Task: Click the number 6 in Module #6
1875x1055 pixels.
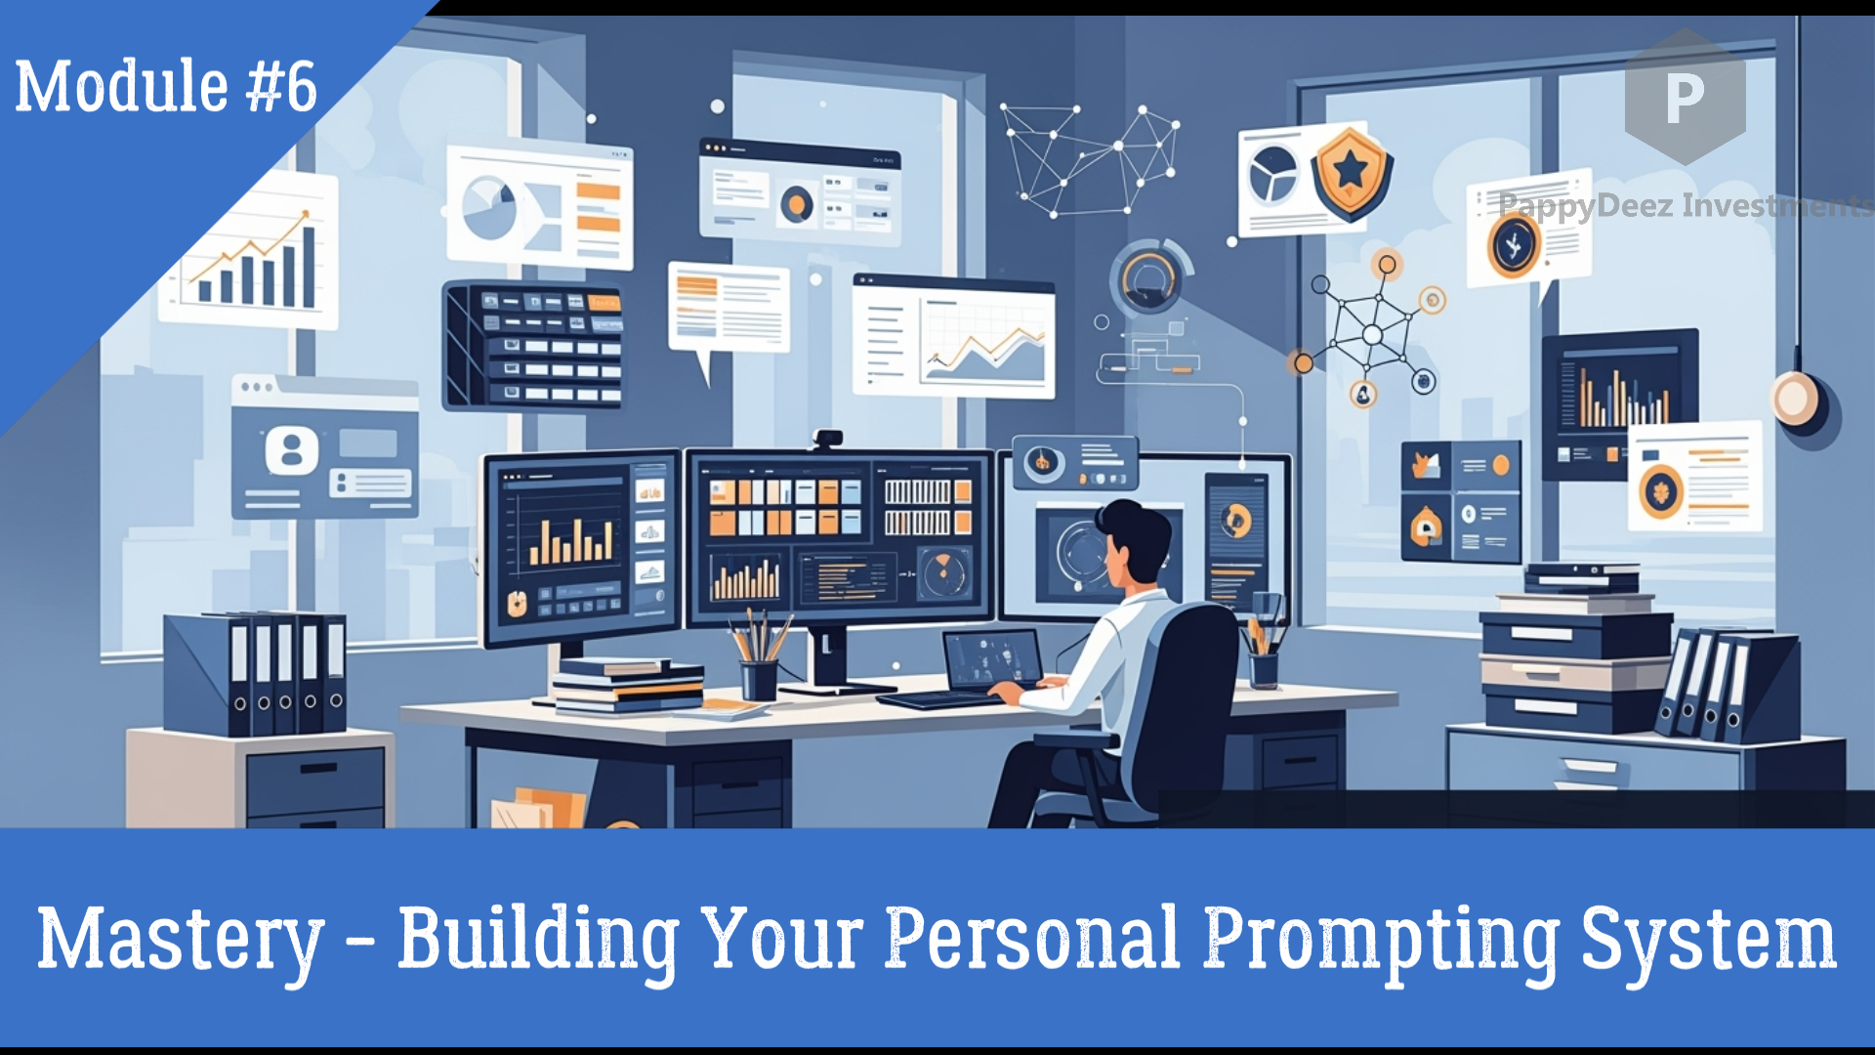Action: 300,88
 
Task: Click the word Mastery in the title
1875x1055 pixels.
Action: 181,940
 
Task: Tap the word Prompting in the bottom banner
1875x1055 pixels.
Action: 1380,940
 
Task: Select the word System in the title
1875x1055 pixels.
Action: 1708,940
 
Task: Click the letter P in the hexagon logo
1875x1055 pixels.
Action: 1685,98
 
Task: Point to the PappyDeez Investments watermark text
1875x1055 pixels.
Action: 1685,205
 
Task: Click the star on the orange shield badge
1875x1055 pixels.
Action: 1351,170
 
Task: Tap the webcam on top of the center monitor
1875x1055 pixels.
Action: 827,439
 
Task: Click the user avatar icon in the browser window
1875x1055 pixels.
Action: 291,451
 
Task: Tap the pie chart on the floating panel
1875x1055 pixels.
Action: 489,207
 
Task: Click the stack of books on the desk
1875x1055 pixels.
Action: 628,685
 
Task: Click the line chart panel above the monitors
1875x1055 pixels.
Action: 954,337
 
